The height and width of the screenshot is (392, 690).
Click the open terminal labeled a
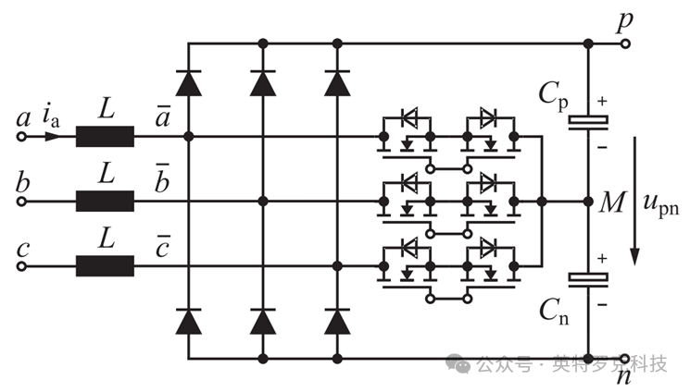point(21,137)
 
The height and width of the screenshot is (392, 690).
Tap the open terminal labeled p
point(625,43)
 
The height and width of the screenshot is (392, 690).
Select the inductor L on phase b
point(105,202)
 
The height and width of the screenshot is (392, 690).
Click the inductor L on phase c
point(105,266)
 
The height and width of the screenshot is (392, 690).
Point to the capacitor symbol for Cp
point(588,123)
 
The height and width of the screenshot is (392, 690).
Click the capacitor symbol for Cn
point(588,279)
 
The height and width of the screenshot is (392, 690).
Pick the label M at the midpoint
point(612,202)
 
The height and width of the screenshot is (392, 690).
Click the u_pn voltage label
point(661,205)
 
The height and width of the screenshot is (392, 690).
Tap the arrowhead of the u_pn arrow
point(634,257)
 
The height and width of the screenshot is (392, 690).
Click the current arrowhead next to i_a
point(53,137)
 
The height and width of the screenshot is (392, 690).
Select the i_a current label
point(51,116)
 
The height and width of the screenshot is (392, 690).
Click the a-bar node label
point(162,116)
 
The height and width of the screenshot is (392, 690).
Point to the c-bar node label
point(162,247)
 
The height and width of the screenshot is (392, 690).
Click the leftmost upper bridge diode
point(188,83)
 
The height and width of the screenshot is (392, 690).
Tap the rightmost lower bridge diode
point(337,321)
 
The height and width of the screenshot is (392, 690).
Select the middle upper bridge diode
point(263,83)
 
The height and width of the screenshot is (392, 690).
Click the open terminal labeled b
point(21,202)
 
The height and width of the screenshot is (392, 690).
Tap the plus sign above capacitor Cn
point(602,258)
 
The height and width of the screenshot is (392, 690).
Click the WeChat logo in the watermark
point(458,363)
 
